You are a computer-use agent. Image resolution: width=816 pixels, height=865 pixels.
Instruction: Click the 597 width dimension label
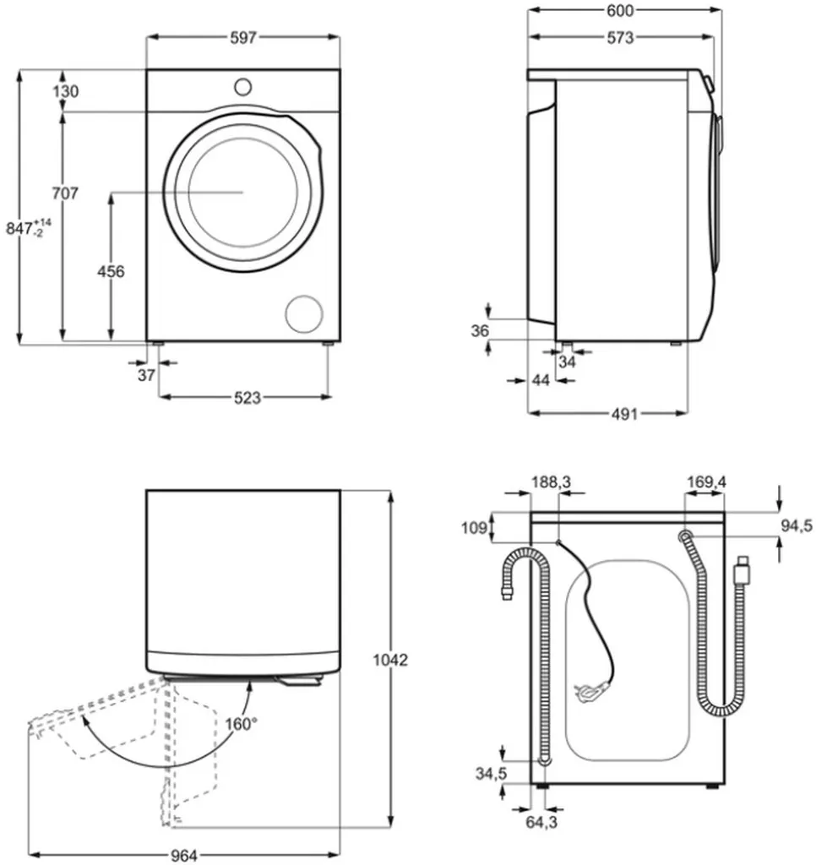click(x=243, y=37)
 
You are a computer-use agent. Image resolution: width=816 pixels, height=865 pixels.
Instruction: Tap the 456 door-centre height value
click(x=111, y=271)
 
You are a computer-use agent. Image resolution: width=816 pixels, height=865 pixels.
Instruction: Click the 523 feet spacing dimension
click(x=247, y=397)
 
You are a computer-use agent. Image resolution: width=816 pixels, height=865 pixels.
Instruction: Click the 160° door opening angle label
click(x=241, y=723)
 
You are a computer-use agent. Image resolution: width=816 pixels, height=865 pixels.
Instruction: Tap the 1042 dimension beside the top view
click(x=392, y=660)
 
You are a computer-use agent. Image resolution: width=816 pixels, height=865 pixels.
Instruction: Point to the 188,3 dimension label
click(x=551, y=481)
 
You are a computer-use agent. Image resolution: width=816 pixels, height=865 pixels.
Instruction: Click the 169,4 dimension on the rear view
click(x=706, y=481)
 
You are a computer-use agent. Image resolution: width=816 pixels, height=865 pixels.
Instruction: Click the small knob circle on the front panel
click(x=242, y=86)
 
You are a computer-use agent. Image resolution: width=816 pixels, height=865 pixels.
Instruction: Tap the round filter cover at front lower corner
click(x=304, y=313)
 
